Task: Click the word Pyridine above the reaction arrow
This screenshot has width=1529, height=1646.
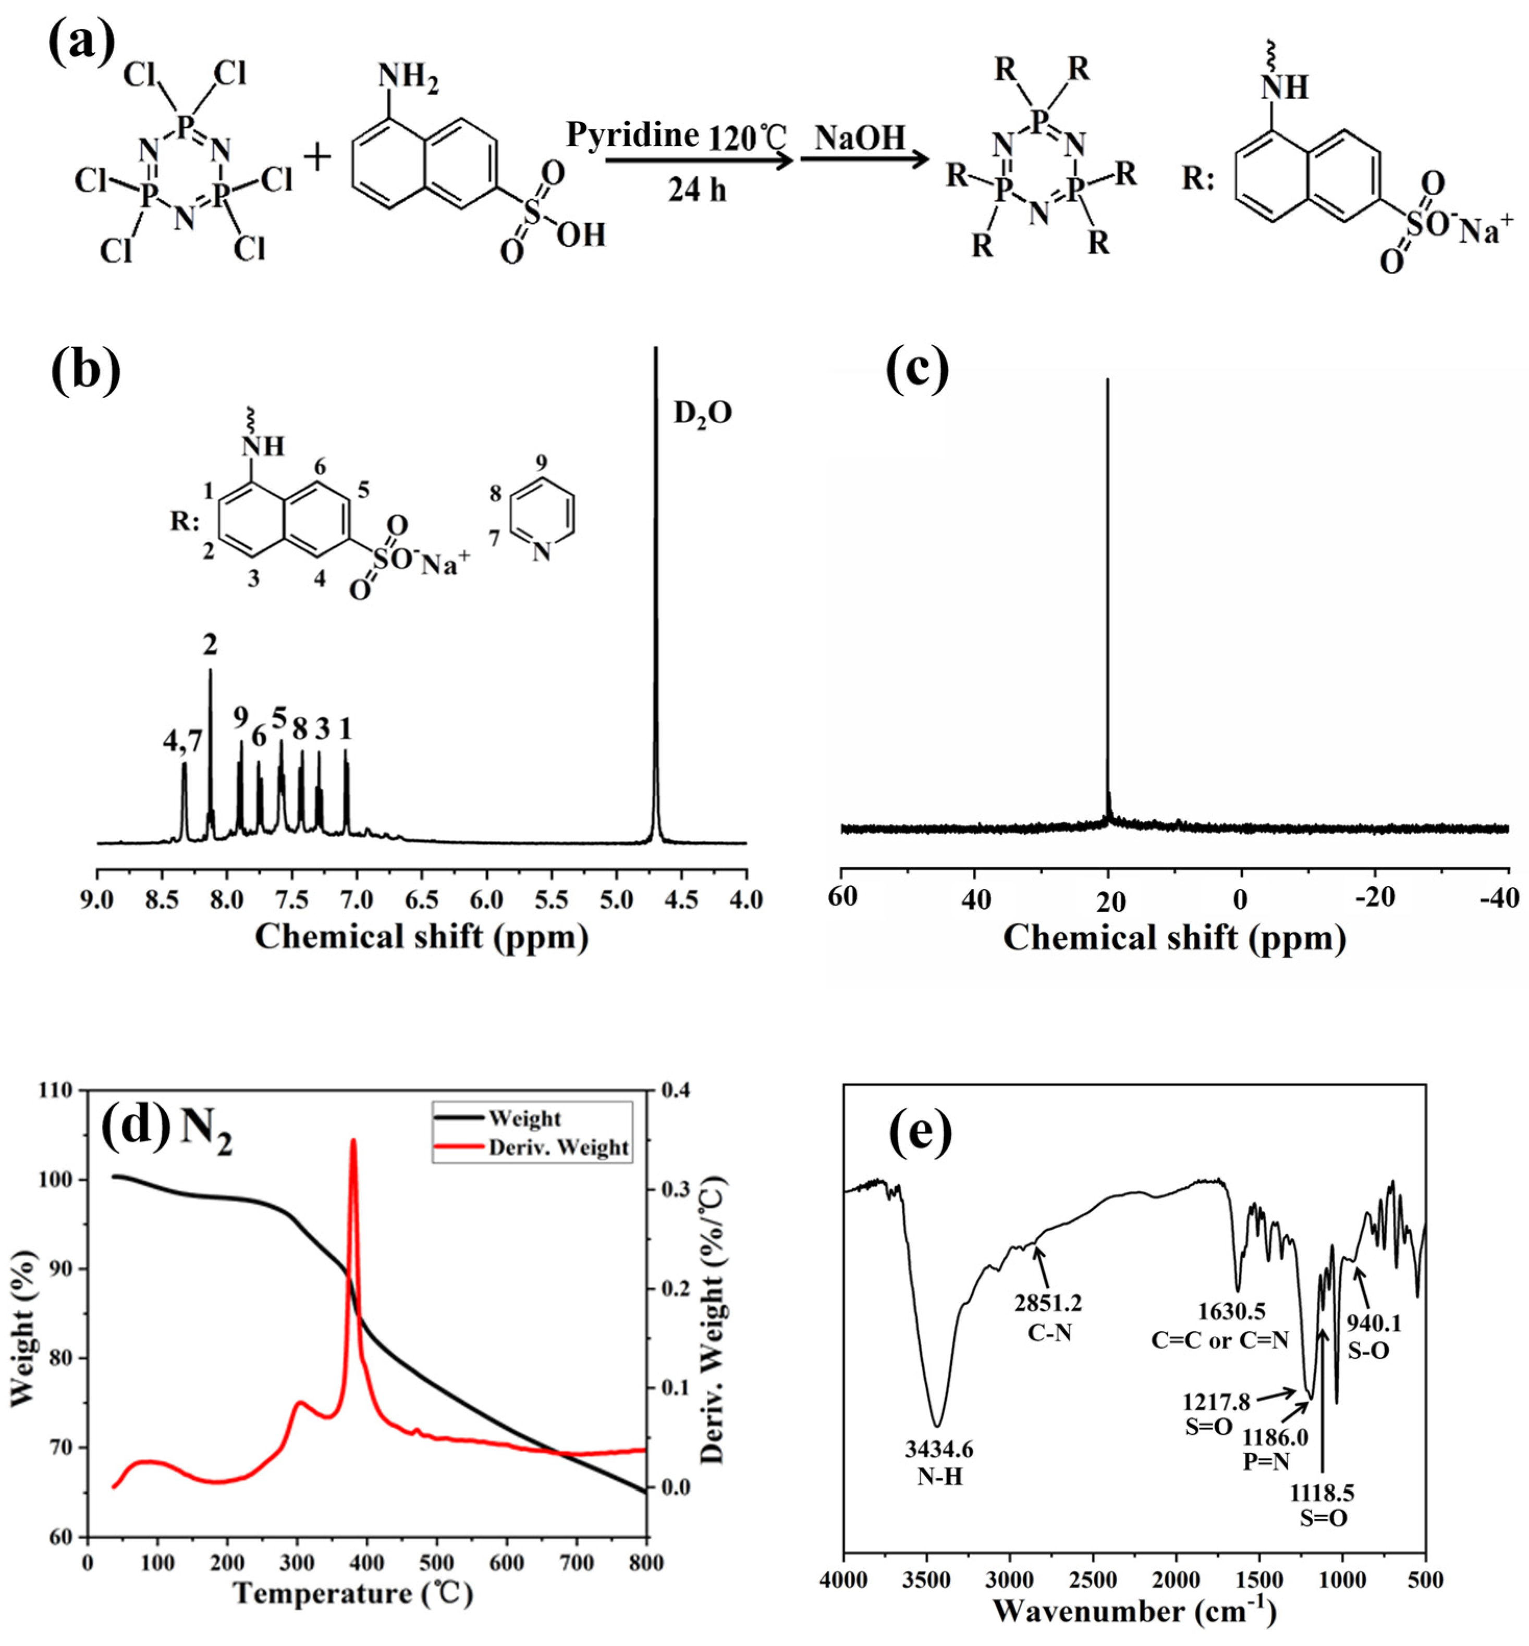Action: coord(633,134)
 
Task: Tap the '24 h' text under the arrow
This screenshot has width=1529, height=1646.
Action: coord(698,190)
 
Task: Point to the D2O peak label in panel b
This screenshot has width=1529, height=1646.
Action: coord(702,413)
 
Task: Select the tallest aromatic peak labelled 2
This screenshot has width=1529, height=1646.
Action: coord(210,670)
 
